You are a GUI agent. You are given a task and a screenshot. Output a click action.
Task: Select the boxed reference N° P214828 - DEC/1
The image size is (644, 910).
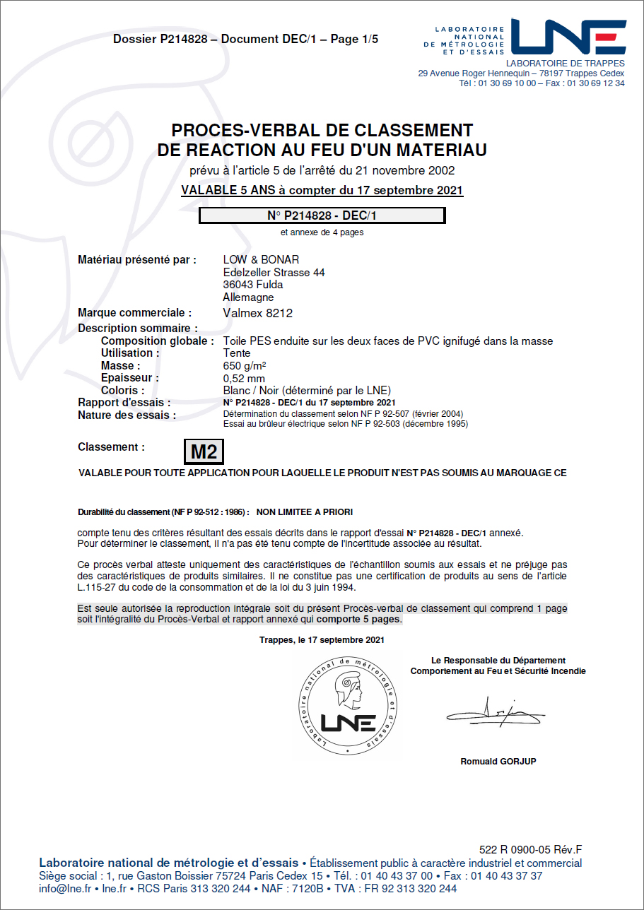pos(322,215)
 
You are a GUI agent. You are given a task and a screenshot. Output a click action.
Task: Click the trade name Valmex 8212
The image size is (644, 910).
pos(257,313)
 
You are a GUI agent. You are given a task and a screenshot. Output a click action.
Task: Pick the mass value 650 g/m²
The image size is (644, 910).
pos(245,365)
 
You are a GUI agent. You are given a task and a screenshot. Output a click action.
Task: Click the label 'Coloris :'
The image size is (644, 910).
pos(123,391)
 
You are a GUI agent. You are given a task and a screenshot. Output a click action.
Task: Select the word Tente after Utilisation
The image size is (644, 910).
pos(236,353)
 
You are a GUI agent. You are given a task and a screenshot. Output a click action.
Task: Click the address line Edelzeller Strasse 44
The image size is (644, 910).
pos(274,273)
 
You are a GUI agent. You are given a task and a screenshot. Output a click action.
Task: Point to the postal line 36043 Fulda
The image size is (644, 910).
pos(253,285)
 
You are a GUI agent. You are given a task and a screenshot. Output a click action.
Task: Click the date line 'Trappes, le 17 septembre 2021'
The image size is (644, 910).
pos(322,640)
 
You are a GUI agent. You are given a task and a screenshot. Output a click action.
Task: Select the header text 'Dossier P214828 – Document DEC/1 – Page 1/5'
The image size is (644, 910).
pos(245,40)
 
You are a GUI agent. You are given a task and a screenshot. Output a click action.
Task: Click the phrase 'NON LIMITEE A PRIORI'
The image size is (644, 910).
pos(305,512)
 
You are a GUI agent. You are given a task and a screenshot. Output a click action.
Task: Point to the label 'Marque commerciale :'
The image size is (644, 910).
pos(134,313)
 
